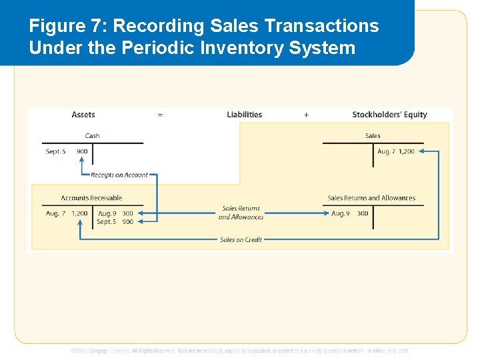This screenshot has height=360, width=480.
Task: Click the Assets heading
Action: coord(83,115)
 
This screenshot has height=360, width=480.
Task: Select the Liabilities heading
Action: coord(245,115)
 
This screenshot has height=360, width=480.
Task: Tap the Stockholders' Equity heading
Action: coord(389,115)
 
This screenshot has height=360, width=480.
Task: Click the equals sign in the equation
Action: coord(160,115)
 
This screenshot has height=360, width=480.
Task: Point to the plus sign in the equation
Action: coord(306,115)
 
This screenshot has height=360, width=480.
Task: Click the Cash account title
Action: coord(92,135)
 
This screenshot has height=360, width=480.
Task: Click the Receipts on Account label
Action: coord(119,175)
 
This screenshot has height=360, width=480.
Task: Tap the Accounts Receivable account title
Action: coord(92,198)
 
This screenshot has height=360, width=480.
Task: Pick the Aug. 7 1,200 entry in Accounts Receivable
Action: coord(67,213)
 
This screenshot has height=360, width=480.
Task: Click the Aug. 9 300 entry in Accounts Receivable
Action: coord(115,213)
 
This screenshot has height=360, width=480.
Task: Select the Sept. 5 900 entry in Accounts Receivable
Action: coord(115,222)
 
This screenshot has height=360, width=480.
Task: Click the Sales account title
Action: coord(373,135)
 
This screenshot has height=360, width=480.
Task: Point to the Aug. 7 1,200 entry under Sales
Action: coord(396,151)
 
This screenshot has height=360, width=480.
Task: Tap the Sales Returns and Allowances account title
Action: coord(371,198)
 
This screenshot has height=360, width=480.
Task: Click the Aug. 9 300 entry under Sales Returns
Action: coord(349,213)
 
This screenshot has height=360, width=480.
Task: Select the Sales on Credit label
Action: coord(241,239)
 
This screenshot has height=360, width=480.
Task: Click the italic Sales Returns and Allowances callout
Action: coord(241,213)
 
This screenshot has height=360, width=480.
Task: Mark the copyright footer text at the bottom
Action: coord(240,351)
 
